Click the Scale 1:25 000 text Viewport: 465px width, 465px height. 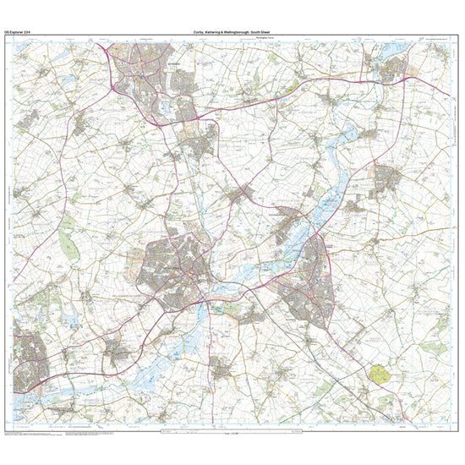click(x=233, y=435)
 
